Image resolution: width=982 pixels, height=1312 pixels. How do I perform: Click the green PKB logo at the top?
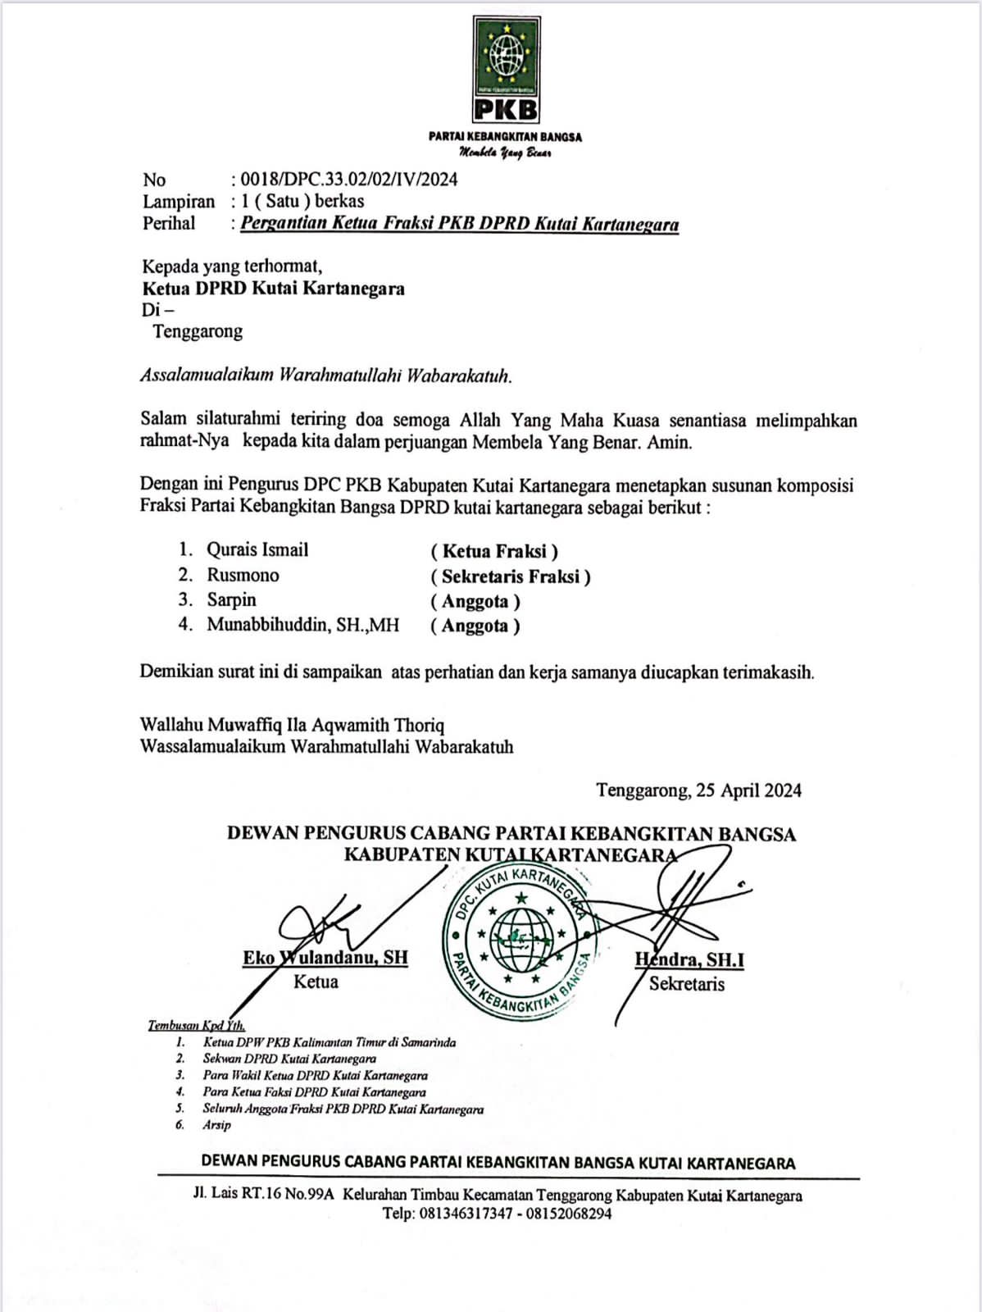(506, 69)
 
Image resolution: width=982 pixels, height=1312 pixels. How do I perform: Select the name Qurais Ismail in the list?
(257, 550)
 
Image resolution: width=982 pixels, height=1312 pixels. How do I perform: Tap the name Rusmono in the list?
(243, 576)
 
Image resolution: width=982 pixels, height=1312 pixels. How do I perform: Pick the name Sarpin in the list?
(231, 600)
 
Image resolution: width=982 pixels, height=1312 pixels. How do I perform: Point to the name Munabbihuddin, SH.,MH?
(302, 625)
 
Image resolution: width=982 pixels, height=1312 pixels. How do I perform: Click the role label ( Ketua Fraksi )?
(494, 552)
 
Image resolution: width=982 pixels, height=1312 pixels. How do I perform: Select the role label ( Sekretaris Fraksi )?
(511, 577)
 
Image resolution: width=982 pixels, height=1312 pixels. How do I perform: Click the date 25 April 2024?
(748, 790)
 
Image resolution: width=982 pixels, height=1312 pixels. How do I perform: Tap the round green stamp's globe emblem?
(521, 936)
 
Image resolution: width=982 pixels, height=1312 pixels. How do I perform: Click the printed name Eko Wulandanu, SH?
(325, 958)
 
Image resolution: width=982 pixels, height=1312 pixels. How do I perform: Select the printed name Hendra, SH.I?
(689, 959)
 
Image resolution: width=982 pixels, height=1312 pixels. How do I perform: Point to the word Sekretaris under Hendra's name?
(687, 984)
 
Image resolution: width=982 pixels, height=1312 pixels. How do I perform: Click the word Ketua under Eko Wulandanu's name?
(316, 982)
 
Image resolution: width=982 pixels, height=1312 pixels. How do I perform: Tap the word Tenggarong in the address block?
(197, 332)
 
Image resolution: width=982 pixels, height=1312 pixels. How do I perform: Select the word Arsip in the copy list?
(217, 1125)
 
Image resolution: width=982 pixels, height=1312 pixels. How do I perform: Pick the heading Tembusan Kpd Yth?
(197, 1025)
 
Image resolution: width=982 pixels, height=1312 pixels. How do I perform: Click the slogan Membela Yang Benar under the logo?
(506, 153)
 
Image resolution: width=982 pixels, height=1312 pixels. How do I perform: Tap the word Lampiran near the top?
(179, 202)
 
